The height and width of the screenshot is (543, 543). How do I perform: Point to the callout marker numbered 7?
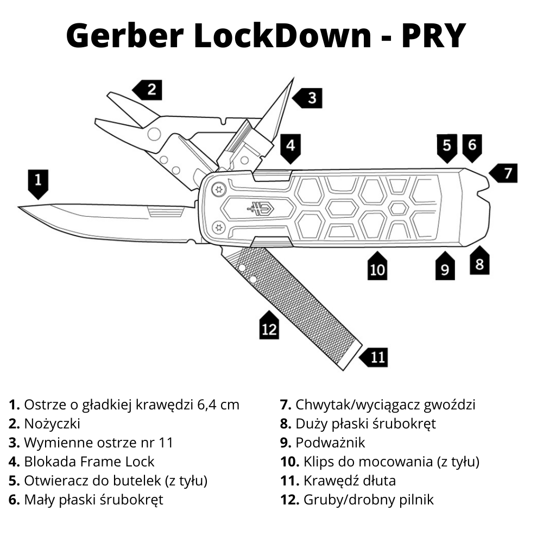coord(506,173)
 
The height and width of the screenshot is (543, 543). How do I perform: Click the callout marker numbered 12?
coord(269,327)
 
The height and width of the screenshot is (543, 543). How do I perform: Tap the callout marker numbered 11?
coord(375,357)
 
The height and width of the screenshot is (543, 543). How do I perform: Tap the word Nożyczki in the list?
coord(52,424)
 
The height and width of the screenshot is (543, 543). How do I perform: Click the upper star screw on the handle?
coord(219,190)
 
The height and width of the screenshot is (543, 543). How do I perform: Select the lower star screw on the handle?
coord(219,227)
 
